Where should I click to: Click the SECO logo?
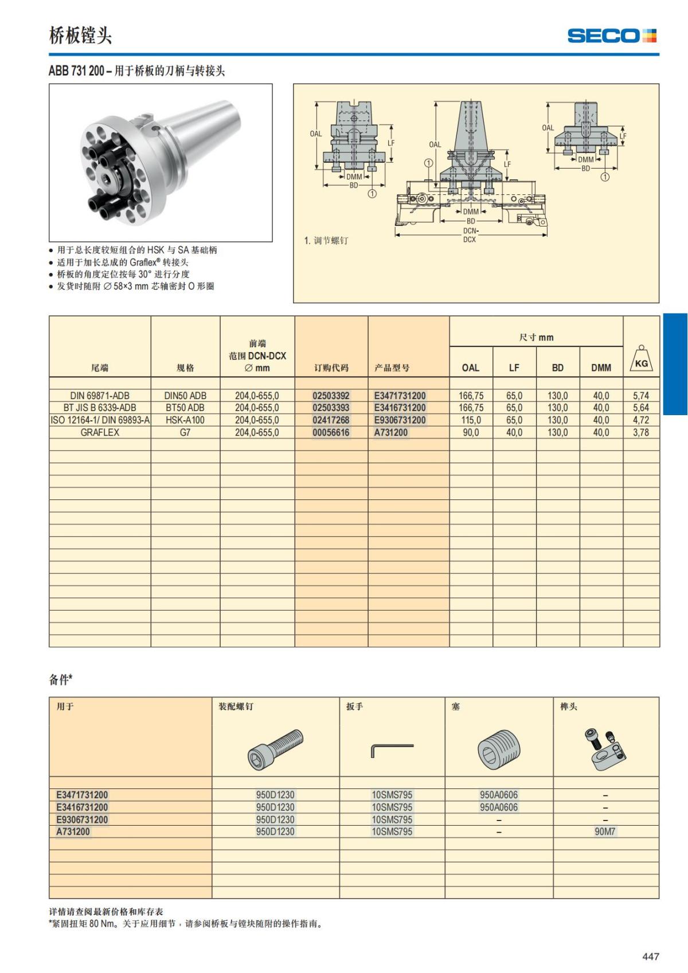(611, 36)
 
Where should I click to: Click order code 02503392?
(331, 396)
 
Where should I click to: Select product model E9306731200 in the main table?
(400, 420)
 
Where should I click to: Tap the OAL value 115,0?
(471, 420)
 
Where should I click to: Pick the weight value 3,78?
(641, 432)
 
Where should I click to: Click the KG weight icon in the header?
(641, 359)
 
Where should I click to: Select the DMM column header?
(601, 368)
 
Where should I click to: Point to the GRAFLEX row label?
(100, 432)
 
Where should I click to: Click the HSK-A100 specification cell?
(185, 420)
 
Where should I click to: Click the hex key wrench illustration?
(392, 749)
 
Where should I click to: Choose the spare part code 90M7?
(605, 831)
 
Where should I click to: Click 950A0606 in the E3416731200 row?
(498, 807)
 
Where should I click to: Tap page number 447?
(651, 956)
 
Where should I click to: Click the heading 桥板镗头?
(80, 36)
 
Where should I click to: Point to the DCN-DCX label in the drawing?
(470, 235)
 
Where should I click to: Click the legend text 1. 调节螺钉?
(326, 240)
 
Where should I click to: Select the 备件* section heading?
(61, 679)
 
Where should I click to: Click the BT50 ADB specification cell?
(185, 408)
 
